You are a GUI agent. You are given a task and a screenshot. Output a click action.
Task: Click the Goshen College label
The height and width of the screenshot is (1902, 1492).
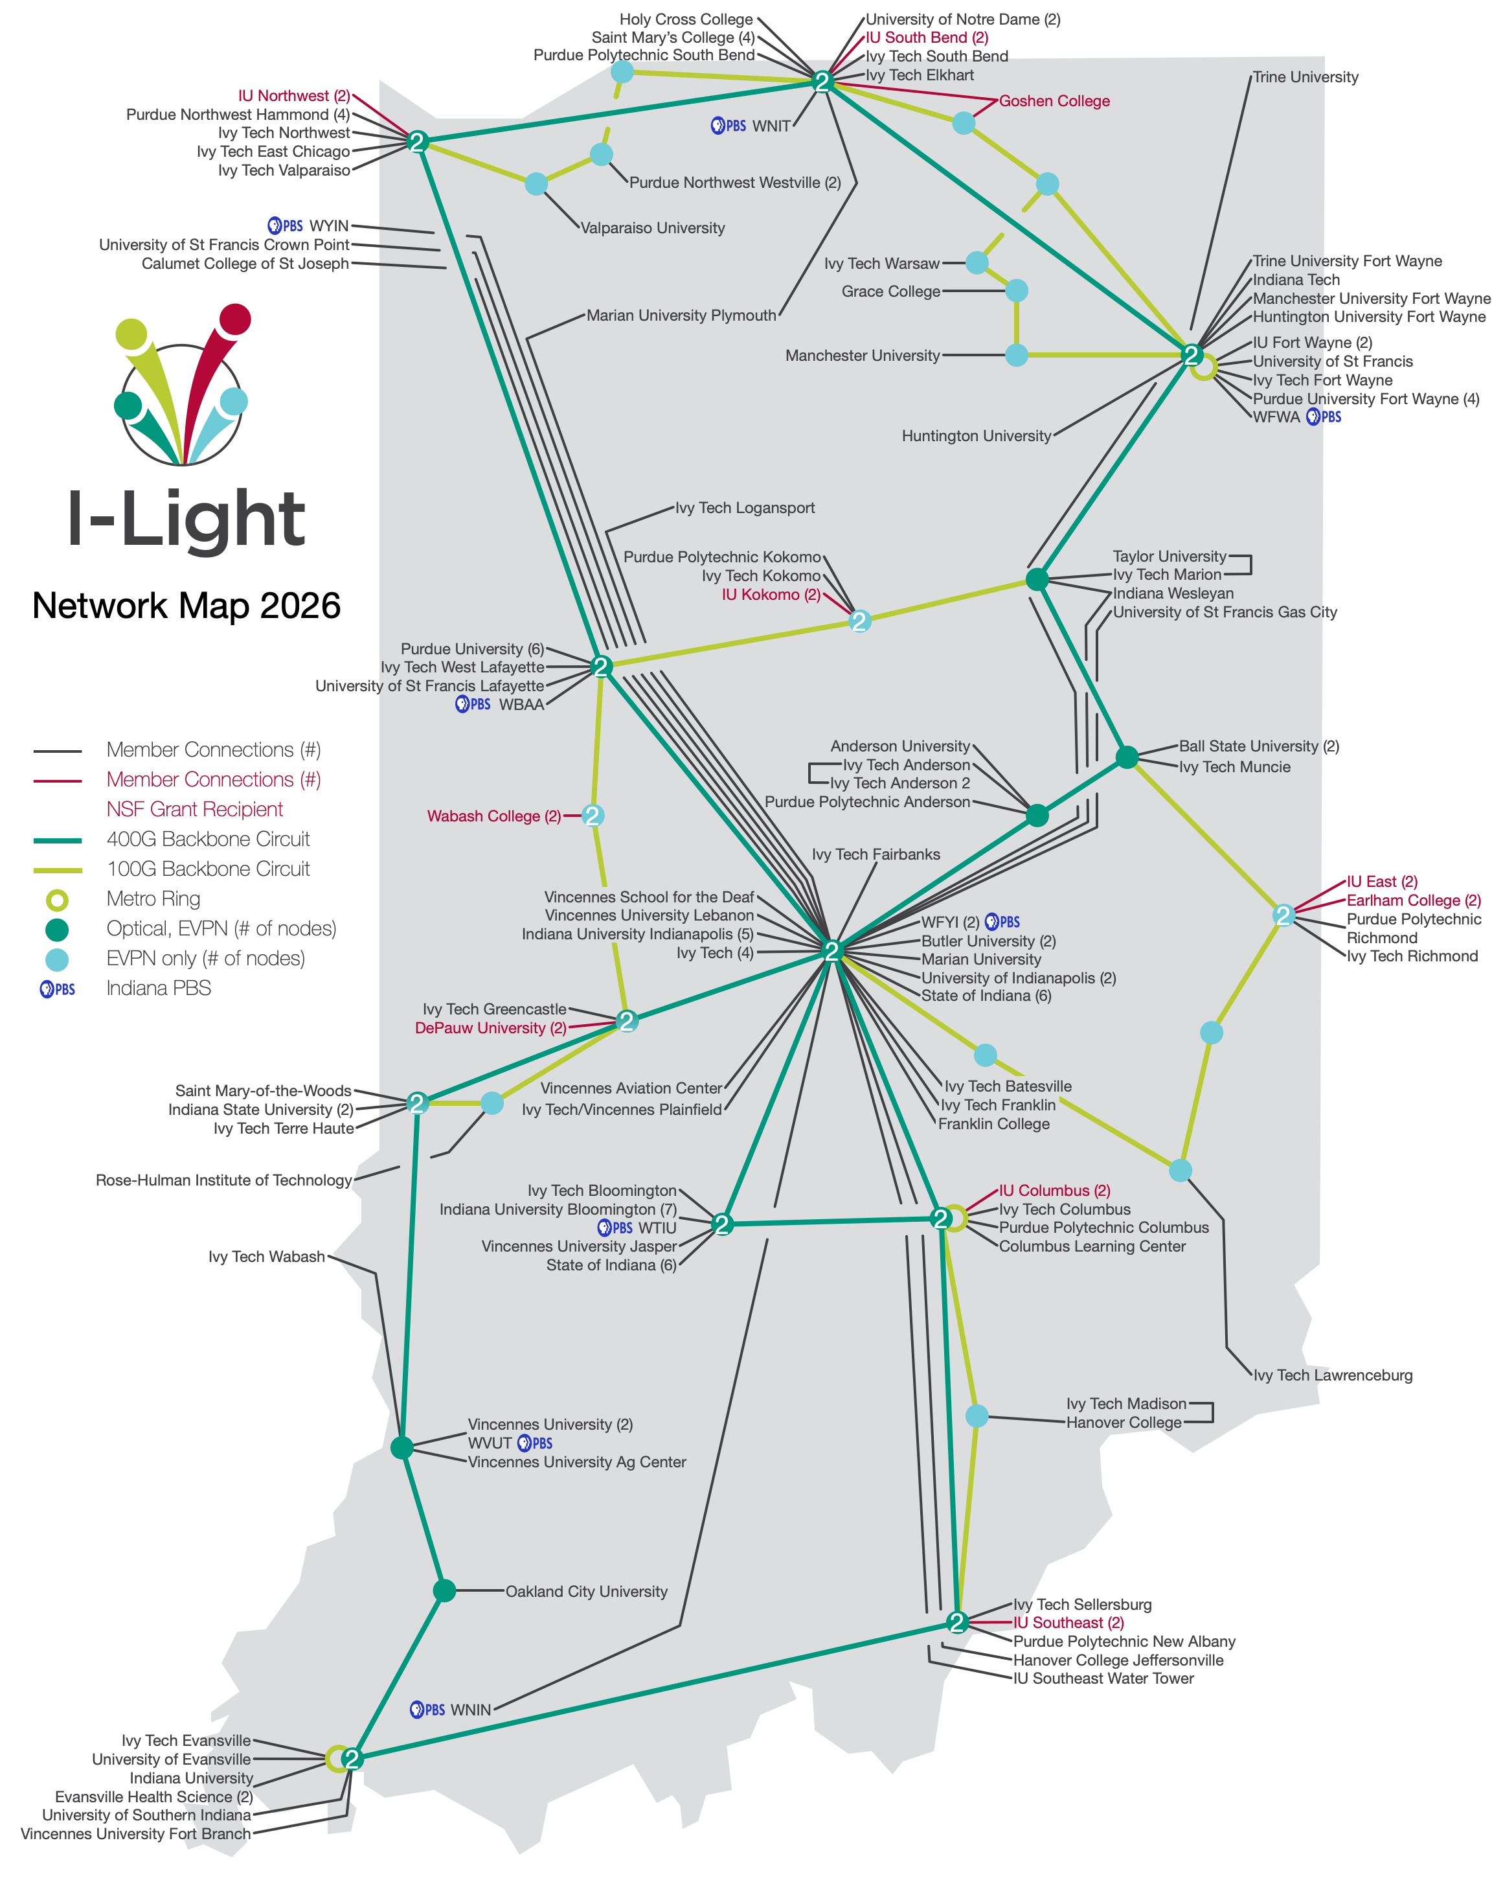[x=1054, y=101]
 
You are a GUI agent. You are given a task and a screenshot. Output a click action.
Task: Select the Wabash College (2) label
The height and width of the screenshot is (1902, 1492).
[x=493, y=816]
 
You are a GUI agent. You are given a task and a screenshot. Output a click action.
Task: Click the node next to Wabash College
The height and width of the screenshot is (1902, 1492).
[x=593, y=815]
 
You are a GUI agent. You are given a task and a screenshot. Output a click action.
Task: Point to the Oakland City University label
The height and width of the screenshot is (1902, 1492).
[x=586, y=1592]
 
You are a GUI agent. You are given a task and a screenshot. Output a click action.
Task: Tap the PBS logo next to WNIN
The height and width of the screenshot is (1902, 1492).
[x=427, y=1710]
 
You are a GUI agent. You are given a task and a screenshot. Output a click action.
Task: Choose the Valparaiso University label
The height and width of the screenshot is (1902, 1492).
[x=653, y=228]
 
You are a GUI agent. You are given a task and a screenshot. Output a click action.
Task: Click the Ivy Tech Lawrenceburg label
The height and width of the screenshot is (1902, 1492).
[x=1332, y=1375]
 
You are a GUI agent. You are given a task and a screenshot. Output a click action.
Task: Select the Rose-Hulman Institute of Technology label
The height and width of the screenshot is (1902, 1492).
[x=223, y=1180]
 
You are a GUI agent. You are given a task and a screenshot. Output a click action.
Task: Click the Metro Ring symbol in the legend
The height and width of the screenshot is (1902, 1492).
[x=57, y=900]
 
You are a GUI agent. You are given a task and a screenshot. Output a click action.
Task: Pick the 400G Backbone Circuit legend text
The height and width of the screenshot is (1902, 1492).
[x=208, y=840]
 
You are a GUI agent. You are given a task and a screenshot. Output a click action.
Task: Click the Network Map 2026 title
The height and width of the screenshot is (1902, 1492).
[x=186, y=606]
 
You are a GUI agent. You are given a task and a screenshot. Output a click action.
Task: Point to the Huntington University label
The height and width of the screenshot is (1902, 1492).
[x=976, y=436]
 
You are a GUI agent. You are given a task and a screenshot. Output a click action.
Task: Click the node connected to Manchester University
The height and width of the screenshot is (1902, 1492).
[x=1016, y=356]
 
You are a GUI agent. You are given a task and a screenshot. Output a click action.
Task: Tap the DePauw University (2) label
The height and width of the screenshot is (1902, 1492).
[x=490, y=1028]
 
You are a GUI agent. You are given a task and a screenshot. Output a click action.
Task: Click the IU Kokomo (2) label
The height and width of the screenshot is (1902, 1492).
[x=771, y=595]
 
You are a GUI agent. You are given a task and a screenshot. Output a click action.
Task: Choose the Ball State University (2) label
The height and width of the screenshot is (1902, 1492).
[x=1259, y=746]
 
